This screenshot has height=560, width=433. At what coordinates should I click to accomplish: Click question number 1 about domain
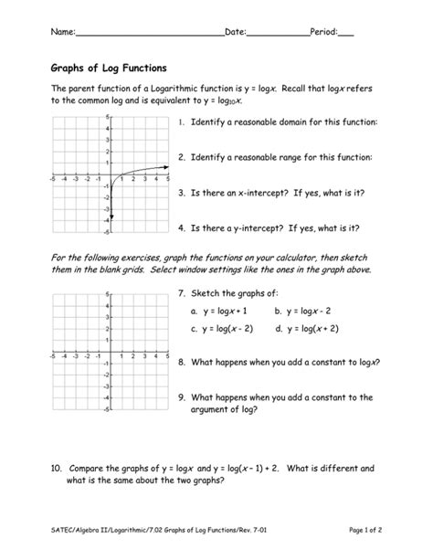tap(182, 122)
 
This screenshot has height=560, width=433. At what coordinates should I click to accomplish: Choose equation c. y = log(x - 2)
tap(223, 328)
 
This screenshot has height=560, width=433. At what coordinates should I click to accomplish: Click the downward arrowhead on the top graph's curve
tap(110, 219)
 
